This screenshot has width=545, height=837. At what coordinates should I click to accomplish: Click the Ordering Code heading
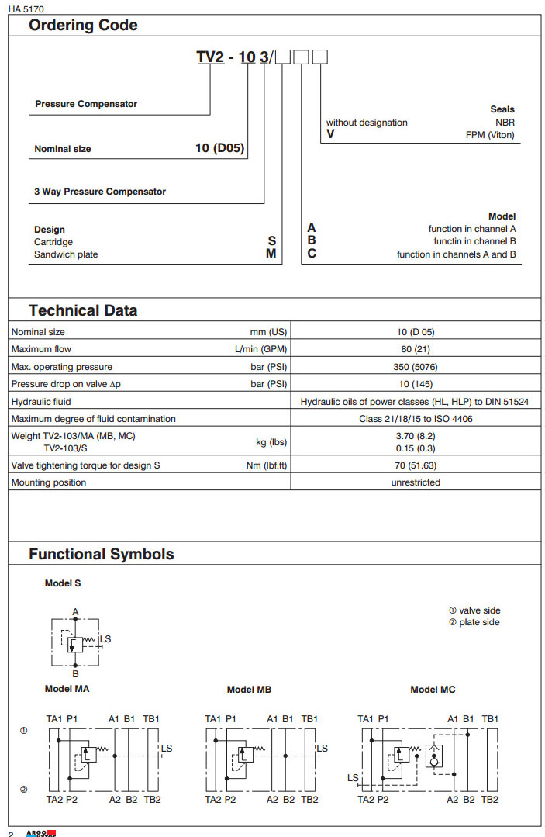click(83, 25)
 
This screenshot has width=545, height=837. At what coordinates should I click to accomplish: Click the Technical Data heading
click(83, 310)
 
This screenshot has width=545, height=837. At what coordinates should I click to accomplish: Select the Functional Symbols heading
click(101, 554)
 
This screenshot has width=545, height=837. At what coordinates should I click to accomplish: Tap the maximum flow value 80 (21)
click(416, 349)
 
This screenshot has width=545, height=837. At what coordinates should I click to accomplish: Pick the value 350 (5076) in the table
click(416, 367)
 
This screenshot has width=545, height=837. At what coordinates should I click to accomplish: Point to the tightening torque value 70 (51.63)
click(416, 465)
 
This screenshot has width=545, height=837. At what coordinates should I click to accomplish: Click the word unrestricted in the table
click(416, 482)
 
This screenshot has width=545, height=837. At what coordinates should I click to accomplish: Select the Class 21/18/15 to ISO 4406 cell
click(416, 419)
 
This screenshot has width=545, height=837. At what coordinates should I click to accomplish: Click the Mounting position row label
click(49, 482)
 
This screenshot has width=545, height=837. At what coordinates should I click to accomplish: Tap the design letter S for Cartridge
click(271, 241)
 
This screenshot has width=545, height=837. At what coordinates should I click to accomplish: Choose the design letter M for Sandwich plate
click(271, 254)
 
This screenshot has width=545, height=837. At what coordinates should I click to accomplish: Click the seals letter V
click(330, 134)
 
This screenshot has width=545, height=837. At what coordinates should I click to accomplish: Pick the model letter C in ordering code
click(312, 254)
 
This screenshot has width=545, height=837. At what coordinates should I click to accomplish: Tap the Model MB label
click(249, 689)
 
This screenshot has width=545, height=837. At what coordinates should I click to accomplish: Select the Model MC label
click(433, 689)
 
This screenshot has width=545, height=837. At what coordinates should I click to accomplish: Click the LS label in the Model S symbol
click(106, 639)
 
